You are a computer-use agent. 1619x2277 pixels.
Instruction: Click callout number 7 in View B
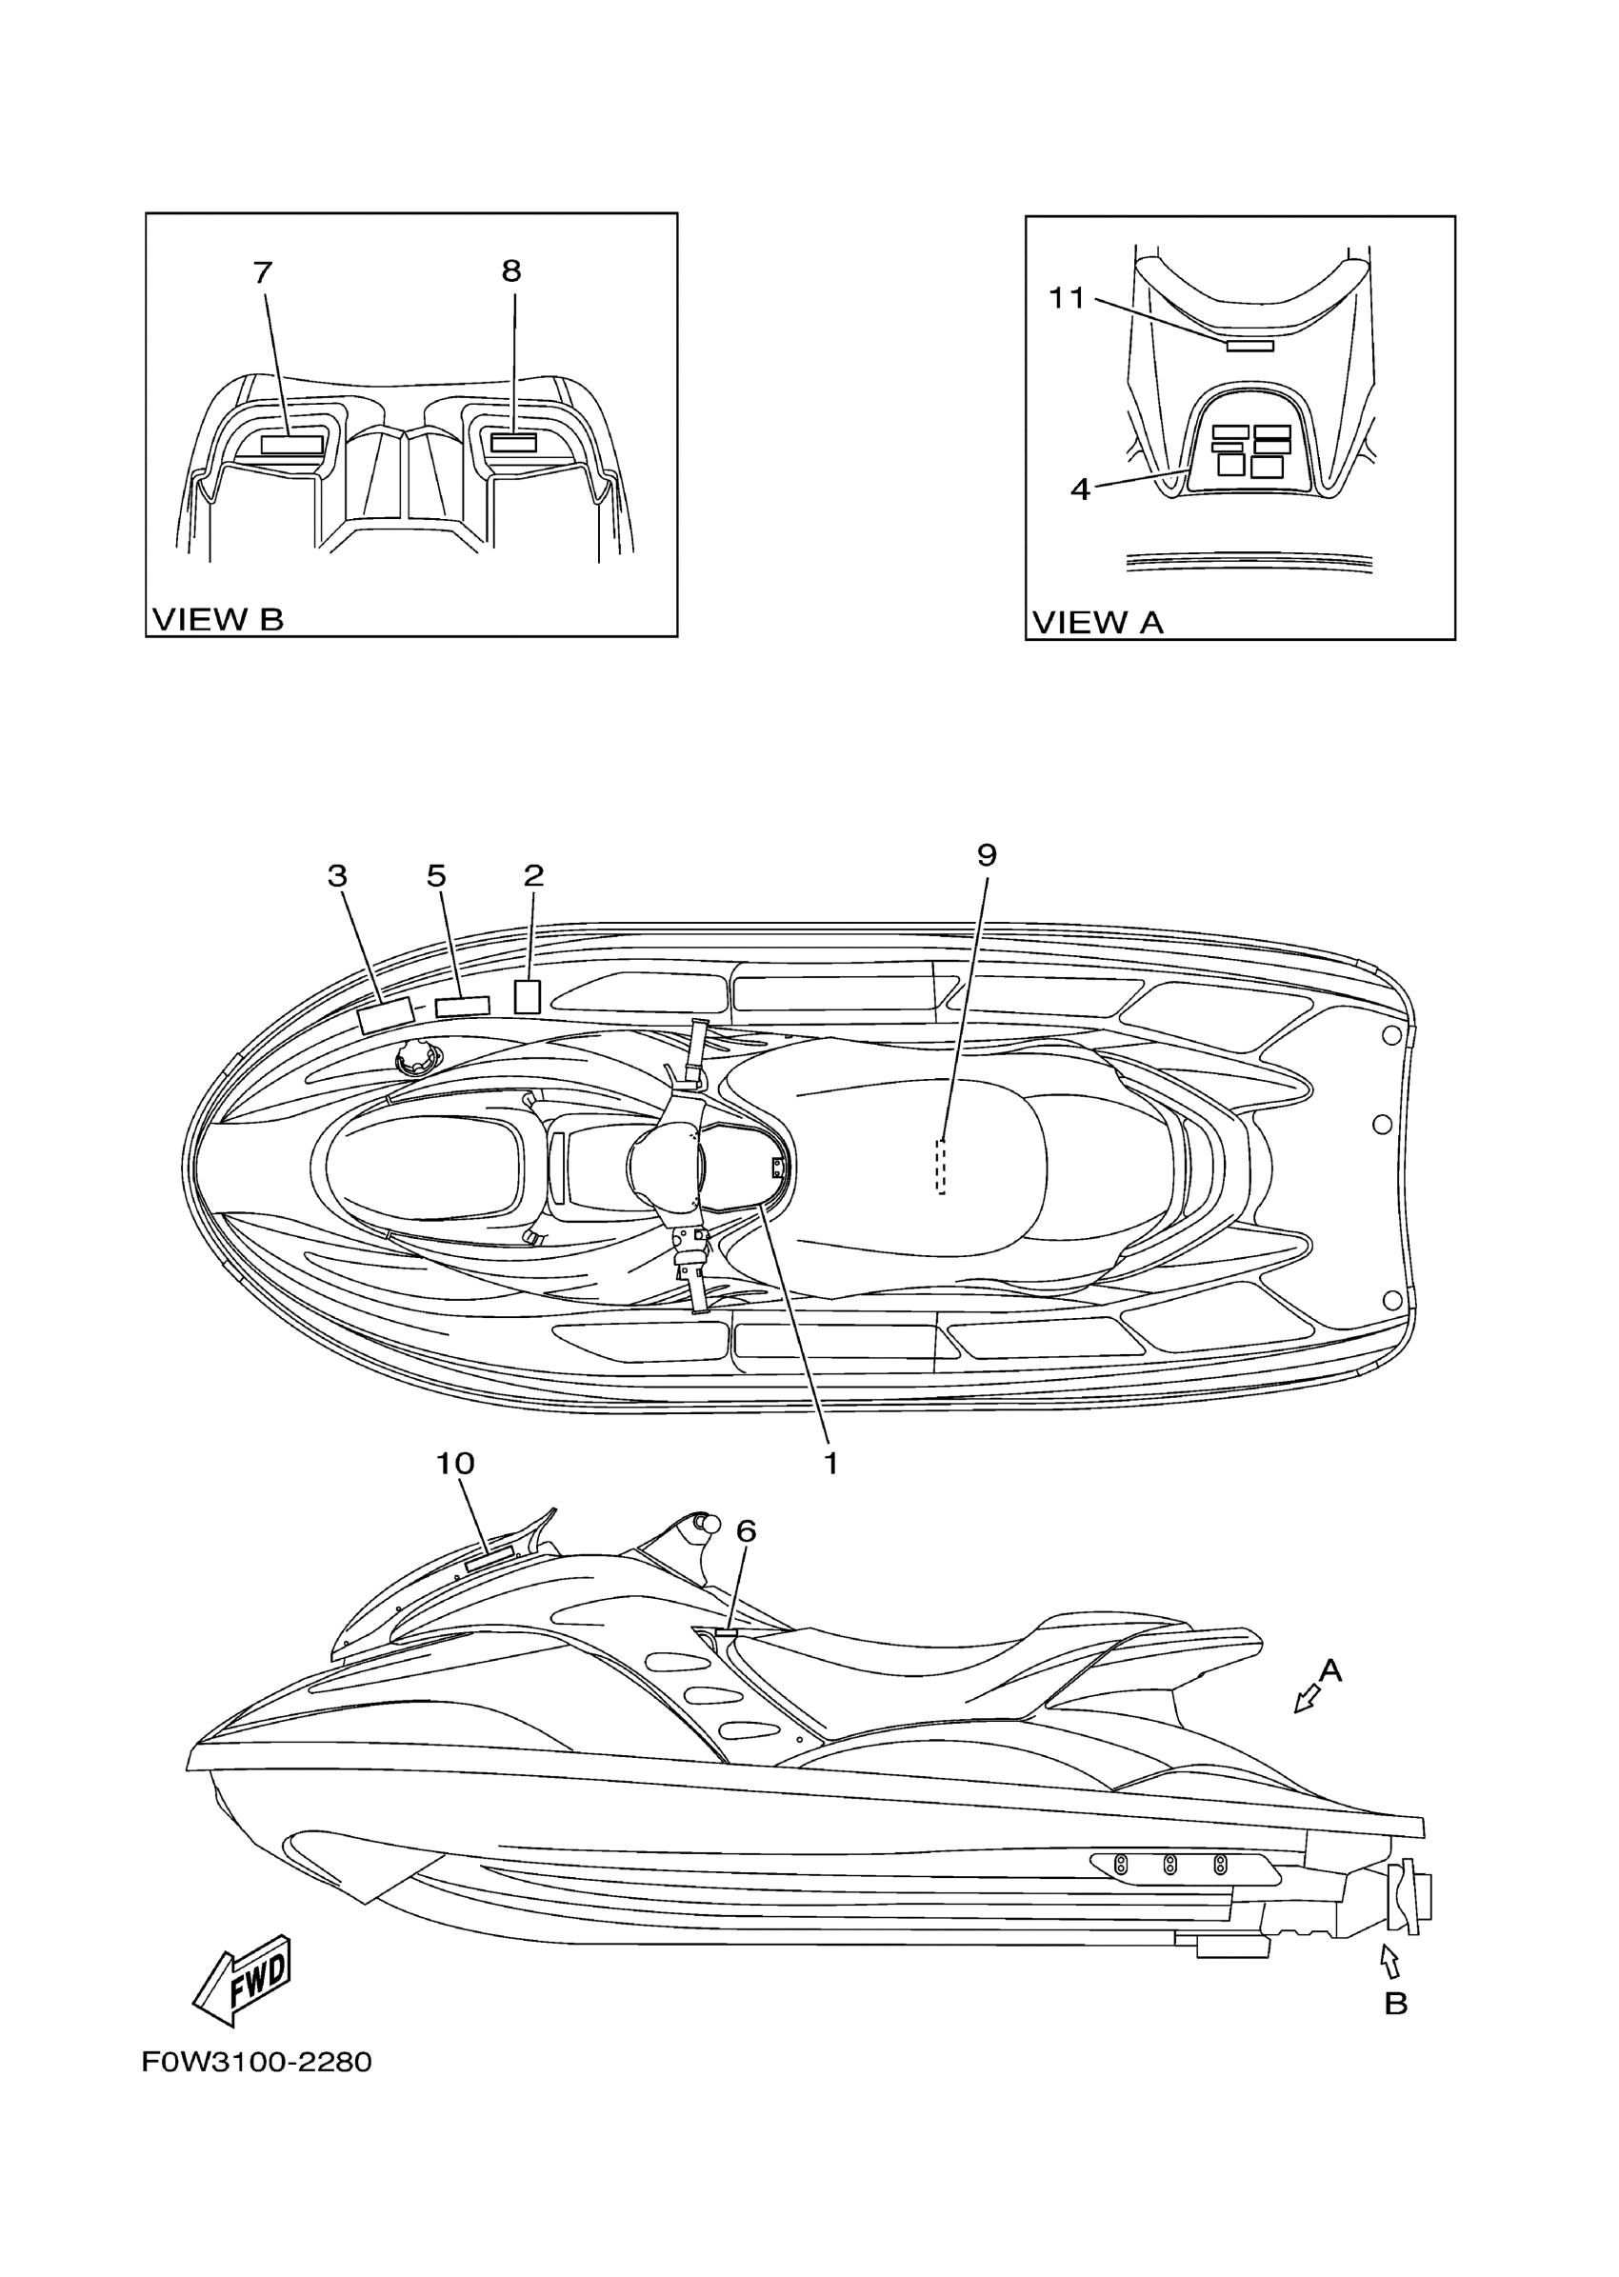click(262, 272)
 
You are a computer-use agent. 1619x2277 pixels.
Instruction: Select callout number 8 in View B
click(511, 270)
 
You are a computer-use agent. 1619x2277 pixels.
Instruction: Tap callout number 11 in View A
click(1066, 297)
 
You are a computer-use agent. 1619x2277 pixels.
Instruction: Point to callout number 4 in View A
click(1081, 489)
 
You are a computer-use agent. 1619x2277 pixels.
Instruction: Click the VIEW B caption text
click(217, 619)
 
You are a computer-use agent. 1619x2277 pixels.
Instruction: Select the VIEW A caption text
click(1098, 622)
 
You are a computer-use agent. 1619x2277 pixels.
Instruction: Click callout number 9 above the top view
click(986, 855)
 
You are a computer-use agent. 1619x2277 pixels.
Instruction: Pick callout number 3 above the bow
click(337, 876)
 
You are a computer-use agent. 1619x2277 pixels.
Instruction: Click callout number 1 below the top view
click(830, 1464)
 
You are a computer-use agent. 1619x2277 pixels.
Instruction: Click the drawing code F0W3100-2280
click(256, 2062)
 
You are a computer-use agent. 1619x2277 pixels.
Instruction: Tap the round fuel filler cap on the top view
click(413, 1059)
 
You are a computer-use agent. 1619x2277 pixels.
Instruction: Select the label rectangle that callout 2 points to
click(528, 997)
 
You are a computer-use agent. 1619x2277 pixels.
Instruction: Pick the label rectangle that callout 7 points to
click(292, 445)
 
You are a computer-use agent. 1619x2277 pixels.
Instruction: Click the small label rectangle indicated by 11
click(1250, 345)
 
